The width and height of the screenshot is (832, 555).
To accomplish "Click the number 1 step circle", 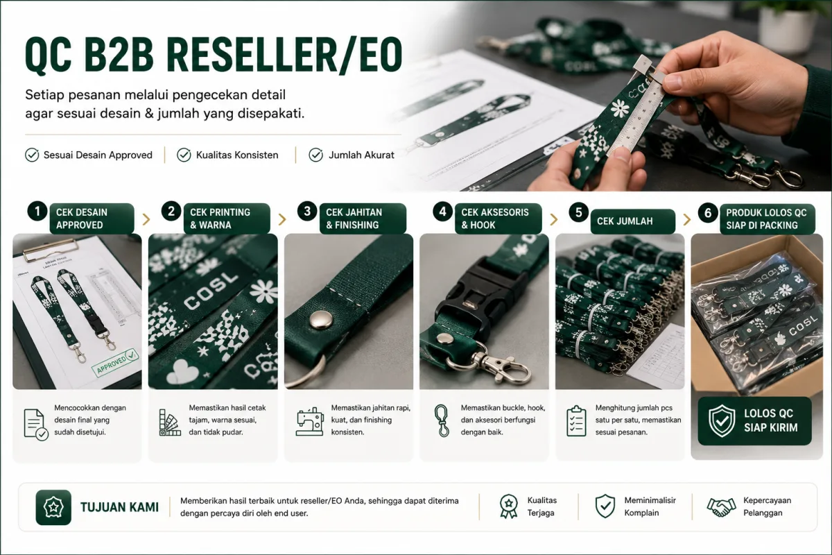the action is pos(37,211).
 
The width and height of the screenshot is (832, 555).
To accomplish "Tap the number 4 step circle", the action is pos(442,212).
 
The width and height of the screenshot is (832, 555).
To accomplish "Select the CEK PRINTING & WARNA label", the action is pos(227,219).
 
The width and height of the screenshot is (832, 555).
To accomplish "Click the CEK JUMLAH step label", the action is pos(632,221).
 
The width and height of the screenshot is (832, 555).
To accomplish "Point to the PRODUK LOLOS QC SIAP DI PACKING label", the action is pos(768,219).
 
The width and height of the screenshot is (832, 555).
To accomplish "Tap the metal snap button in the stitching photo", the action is pos(321,320).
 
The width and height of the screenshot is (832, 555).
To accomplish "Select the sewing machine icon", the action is pos(310,421).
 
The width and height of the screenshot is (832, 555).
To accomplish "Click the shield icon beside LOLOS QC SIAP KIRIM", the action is pos(722,421).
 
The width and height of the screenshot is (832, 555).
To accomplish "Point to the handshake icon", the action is pos(721,507).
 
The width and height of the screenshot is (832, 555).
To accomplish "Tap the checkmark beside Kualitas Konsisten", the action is pos(184,155).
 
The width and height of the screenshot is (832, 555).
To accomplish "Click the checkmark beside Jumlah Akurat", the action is pos(315,155).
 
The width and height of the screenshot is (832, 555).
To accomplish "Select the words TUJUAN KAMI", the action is pos(119,507).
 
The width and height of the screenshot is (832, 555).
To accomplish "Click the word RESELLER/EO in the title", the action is pos(284,54).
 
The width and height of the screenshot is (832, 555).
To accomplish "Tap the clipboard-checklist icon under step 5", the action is pos(576,421).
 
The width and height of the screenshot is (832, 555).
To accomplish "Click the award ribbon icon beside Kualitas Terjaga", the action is pos(508,506).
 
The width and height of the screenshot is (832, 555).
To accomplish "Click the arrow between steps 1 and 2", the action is pos(146,219).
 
